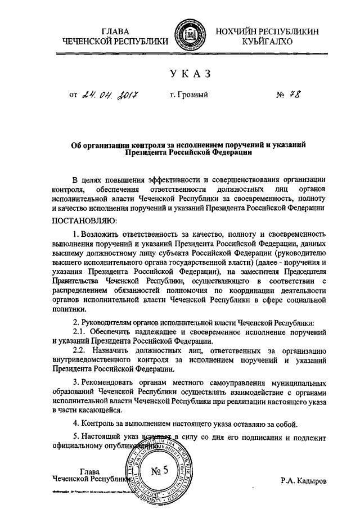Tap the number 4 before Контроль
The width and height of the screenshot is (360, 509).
click(76, 424)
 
